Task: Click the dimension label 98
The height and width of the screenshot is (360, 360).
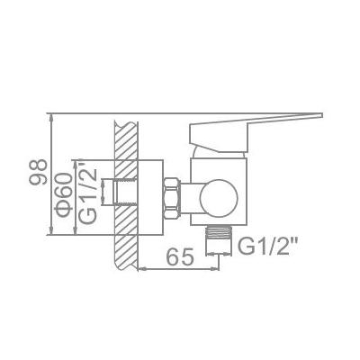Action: (39, 172)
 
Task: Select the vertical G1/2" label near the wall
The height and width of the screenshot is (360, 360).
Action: (88, 193)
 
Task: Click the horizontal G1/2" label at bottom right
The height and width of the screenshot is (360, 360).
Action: (267, 247)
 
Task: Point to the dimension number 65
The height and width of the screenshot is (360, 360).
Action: (180, 257)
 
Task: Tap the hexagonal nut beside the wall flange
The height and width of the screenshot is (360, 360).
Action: (172, 198)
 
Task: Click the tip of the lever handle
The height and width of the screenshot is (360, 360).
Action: (322, 115)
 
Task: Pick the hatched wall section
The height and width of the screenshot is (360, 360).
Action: (126, 195)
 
